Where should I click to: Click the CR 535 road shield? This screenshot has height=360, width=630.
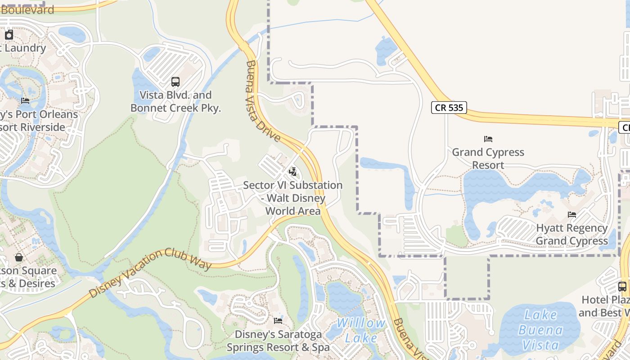pos(449,108)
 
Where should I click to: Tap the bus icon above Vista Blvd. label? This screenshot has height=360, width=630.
pos(175,82)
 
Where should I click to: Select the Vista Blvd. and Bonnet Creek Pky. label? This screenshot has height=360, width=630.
pos(175,102)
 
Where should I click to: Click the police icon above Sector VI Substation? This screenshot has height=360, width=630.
pos(293,171)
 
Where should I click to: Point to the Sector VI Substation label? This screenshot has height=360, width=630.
pos(293,198)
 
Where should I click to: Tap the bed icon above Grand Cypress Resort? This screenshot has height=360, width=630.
pos(488,139)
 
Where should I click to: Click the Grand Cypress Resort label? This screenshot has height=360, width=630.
pos(488,158)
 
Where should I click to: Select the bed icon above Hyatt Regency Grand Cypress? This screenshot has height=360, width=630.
pos(572,215)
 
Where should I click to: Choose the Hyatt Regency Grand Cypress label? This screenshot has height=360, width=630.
pos(572,234)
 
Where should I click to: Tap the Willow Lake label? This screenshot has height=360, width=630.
pos(361,330)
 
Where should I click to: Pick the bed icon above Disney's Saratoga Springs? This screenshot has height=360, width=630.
pos(278,321)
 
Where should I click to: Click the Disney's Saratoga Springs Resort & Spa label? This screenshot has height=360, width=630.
pos(278,341)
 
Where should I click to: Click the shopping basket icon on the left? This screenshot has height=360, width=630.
pos(19,257)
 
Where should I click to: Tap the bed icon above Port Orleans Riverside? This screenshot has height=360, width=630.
pos(25,101)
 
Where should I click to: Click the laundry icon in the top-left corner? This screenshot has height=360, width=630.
pos(9,35)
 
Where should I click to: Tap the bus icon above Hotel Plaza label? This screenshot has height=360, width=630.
pos(622,286)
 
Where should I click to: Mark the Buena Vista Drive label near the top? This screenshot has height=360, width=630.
pos(263,101)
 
